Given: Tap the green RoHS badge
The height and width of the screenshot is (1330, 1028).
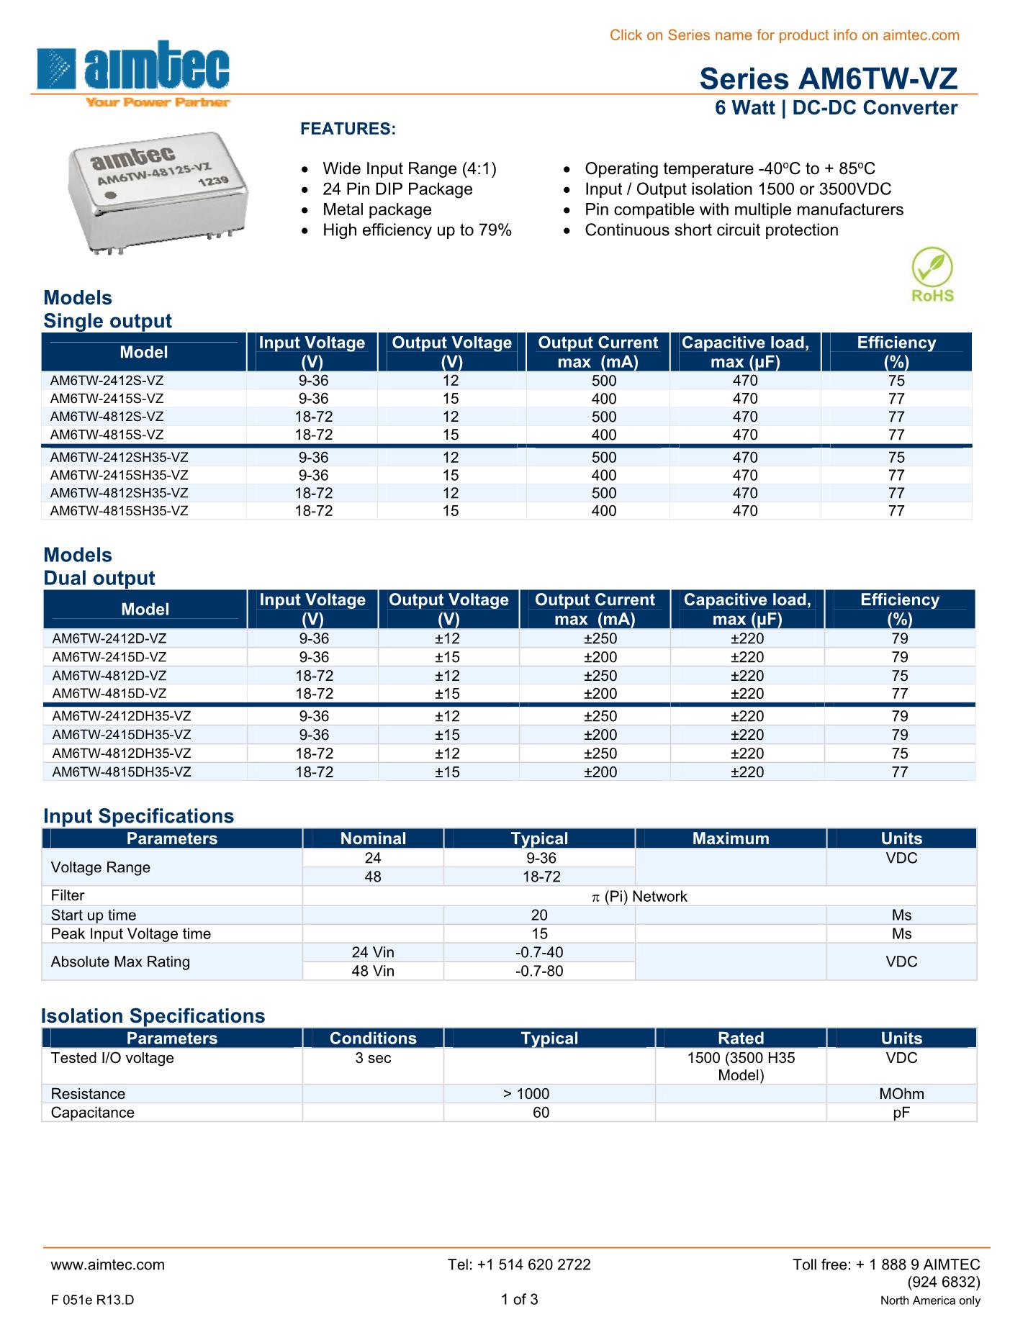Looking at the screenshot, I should pyautogui.click(x=932, y=275).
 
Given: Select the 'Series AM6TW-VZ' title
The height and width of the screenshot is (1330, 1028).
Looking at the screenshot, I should pyautogui.click(x=828, y=78).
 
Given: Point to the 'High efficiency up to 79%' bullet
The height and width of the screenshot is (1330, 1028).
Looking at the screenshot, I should pyautogui.click(x=417, y=230).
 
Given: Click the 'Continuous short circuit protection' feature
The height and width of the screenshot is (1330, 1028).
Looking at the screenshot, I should pyautogui.click(x=711, y=230).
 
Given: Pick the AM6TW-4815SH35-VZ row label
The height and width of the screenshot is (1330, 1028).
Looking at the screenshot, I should pyautogui.click(x=120, y=511).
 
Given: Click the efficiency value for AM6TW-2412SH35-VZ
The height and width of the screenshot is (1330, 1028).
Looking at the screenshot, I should pyautogui.click(x=896, y=458).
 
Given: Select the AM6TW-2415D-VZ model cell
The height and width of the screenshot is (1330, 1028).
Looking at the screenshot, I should pyautogui.click(x=109, y=657).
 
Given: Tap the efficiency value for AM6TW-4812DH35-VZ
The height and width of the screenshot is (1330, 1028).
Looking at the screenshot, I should pyautogui.click(x=900, y=754).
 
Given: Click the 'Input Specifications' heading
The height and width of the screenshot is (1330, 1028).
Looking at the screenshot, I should pyautogui.click(x=138, y=816).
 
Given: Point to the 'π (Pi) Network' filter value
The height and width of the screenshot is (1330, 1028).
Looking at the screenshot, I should pyautogui.click(x=639, y=897).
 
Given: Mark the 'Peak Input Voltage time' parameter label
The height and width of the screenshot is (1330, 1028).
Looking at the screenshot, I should pyautogui.click(x=131, y=934).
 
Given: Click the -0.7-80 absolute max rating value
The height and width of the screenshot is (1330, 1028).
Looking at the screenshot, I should pyautogui.click(x=539, y=972).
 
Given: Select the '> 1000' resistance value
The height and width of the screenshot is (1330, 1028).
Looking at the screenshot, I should pyautogui.click(x=526, y=1094).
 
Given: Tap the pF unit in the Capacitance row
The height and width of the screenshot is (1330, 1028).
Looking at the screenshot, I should pyautogui.click(x=901, y=1113).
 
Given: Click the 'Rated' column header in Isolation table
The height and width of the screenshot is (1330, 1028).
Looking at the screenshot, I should pyautogui.click(x=741, y=1039).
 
